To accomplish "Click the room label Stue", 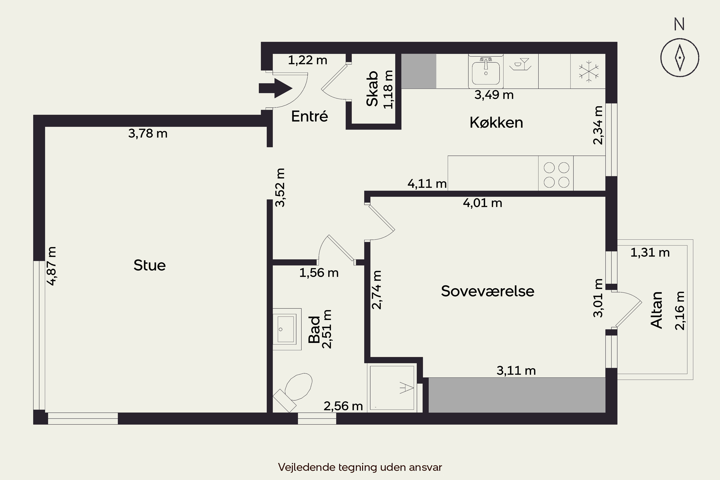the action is tap(150, 265).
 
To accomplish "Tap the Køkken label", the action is tap(496, 122).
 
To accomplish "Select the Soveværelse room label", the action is tap(488, 291).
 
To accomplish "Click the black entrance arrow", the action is tap(276, 88).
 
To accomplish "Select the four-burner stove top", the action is tap(556, 174).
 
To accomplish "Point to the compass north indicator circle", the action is tap(680, 58).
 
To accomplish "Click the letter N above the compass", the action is tap(679, 24).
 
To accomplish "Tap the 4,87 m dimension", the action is tap(52, 266).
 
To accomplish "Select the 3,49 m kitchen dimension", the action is tap(494, 95).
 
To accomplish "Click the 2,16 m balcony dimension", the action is tap(680, 311).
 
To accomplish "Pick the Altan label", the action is tap(656, 310).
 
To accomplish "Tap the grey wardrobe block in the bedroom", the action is tap(517, 395).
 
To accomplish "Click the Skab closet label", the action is tap(372, 89).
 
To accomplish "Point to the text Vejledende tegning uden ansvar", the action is tap(360, 467).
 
